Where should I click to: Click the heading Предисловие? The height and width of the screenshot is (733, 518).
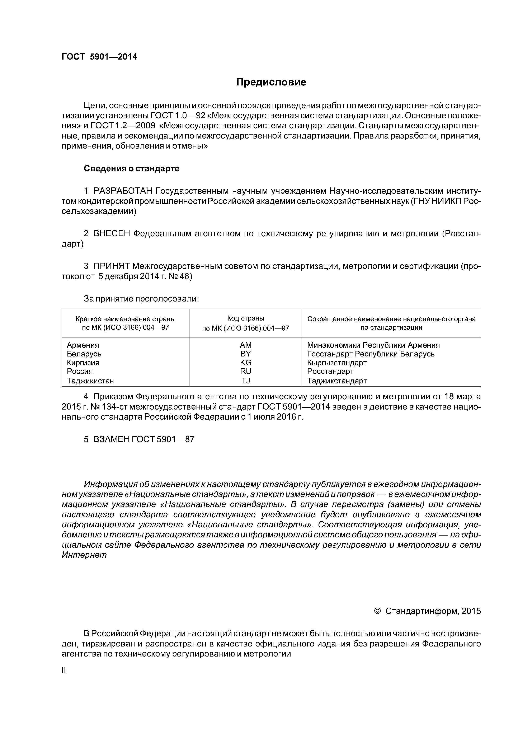pos(271,82)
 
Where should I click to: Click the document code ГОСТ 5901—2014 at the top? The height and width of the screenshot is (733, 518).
pos(99,57)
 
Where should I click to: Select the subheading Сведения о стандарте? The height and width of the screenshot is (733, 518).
pos(132,169)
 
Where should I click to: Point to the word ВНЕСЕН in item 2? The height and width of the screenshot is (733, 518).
pos(112,233)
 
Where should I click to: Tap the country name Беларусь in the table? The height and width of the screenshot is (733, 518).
pos(84,354)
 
